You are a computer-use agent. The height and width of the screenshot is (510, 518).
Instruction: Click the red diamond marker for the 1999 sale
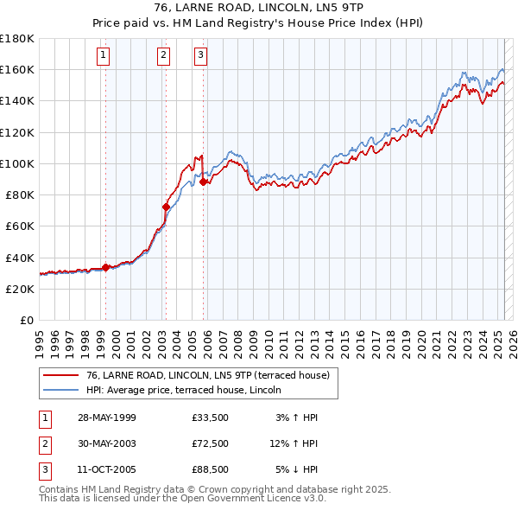click(x=105, y=267)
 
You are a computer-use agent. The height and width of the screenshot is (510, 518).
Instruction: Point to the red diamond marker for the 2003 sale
click(x=166, y=207)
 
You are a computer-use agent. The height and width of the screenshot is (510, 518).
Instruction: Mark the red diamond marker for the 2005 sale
click(x=203, y=182)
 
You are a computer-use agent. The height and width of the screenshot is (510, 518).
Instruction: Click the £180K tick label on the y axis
click(x=17, y=39)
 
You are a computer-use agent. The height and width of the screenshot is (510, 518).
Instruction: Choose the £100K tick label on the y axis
click(x=17, y=163)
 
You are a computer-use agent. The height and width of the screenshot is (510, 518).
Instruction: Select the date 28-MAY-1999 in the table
click(x=106, y=418)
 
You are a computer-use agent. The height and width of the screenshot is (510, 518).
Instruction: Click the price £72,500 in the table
click(x=210, y=443)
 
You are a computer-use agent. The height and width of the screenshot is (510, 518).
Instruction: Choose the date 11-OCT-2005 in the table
click(x=106, y=469)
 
